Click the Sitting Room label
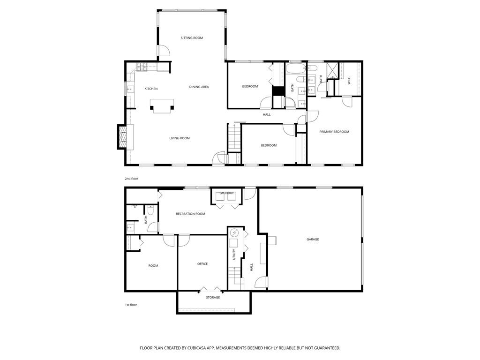pos(192,37)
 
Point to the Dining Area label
pos(199,87)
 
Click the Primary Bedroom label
pos(334,132)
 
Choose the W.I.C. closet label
pos(349,80)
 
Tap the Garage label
pos(313,240)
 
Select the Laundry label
pos(226,193)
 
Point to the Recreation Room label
pos(190,214)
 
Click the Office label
pos(202,264)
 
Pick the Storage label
pos(213,298)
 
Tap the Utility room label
pos(233,255)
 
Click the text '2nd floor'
pos(131,179)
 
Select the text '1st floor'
pos(131,305)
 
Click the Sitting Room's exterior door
pos(163,51)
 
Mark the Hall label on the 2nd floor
pos(267,114)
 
